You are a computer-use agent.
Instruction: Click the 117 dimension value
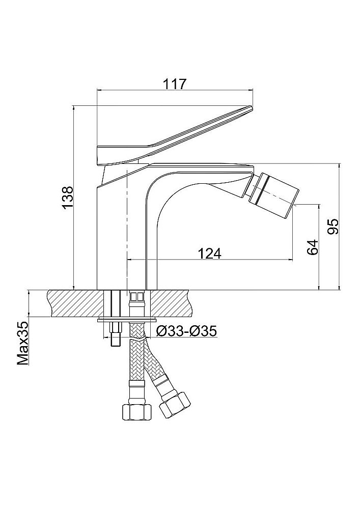pos(175,84)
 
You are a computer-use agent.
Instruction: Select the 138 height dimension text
pos(68,198)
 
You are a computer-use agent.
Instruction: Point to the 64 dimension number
pos(312,247)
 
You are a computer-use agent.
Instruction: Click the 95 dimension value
pos(333,227)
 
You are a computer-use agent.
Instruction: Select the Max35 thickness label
pos(23,344)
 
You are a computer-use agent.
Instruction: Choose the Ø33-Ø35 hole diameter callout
pos(186,331)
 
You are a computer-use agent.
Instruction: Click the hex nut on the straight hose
pos(137,412)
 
